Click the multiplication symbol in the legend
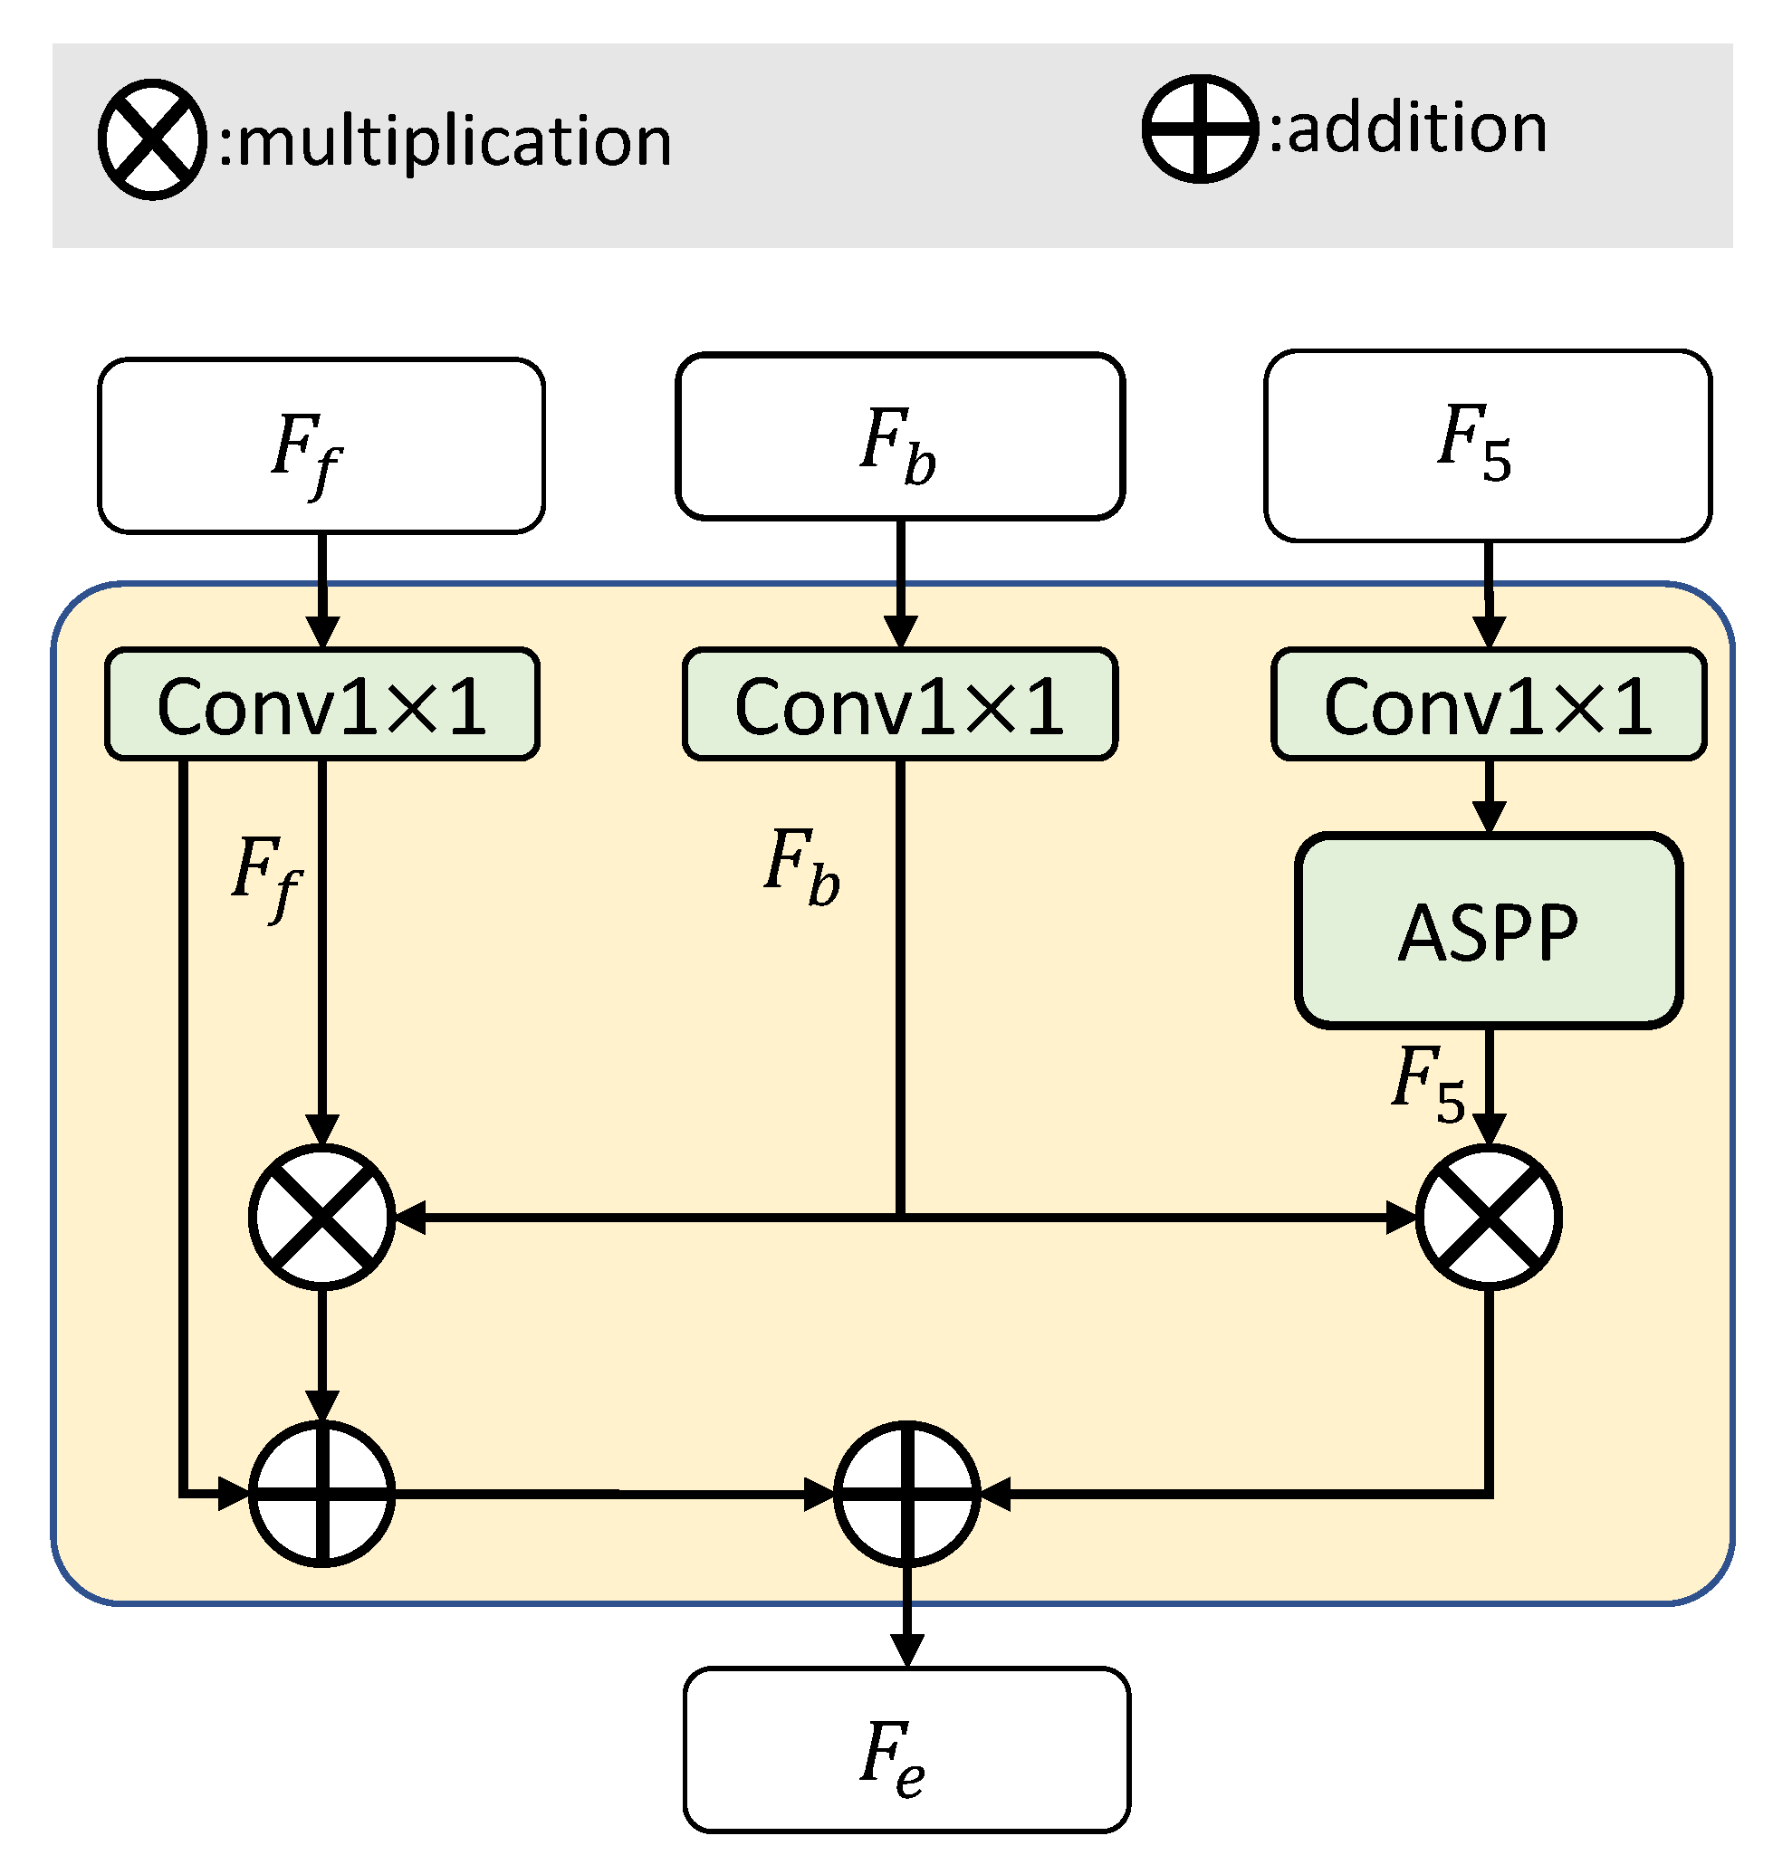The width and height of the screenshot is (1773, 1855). [x=152, y=139]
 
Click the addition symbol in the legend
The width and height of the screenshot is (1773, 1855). [x=1201, y=128]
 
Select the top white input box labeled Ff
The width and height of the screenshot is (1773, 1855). [x=321, y=445]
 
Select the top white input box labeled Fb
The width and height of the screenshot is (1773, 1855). [x=900, y=436]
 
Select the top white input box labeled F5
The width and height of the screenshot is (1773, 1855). [x=1488, y=445]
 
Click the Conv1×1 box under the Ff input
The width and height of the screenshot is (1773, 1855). [x=321, y=704]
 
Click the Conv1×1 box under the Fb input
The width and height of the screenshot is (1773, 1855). [x=900, y=704]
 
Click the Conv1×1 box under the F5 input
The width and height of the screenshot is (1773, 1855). [x=1488, y=704]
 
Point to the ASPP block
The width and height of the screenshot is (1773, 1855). [x=1488, y=930]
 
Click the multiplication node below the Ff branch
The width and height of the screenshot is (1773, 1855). [x=321, y=1216]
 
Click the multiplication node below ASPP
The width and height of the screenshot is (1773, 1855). [x=1488, y=1216]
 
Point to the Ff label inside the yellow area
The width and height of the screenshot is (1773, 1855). [x=266, y=875]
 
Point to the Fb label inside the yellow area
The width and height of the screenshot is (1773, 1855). [x=801, y=865]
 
